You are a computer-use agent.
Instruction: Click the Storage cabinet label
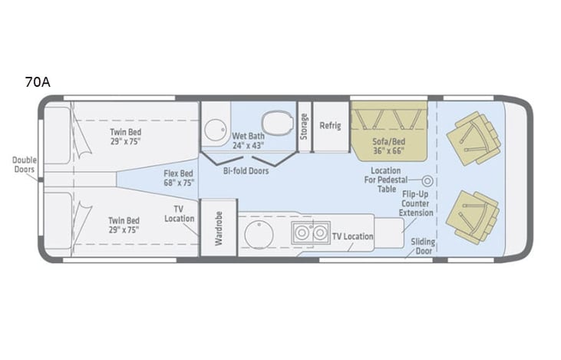304,124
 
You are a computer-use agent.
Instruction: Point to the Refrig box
330,125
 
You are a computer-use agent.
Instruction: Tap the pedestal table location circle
428,181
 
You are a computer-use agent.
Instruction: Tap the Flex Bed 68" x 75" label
179,178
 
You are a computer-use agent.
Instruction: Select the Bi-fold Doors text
246,171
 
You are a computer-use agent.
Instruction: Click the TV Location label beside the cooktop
353,236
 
